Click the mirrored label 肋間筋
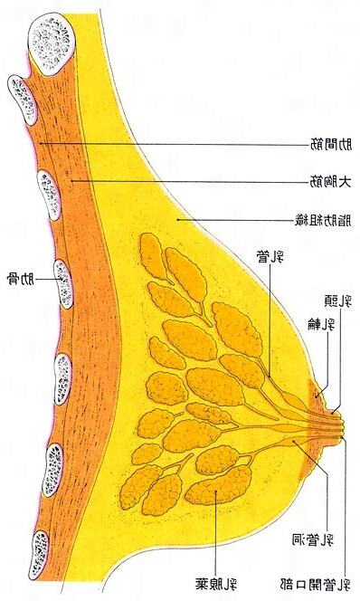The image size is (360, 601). [329, 144]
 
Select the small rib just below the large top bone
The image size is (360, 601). [21, 98]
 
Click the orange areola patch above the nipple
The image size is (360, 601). [318, 394]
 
